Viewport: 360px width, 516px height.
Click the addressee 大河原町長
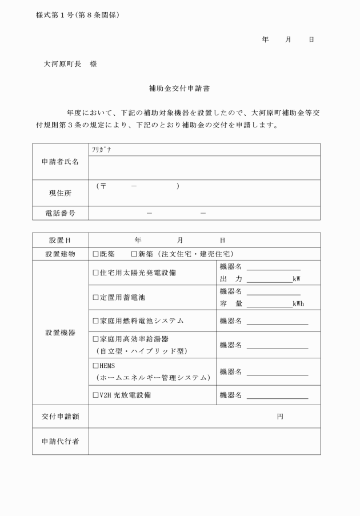63,64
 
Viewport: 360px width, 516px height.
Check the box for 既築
96,254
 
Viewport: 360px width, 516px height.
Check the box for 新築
134,254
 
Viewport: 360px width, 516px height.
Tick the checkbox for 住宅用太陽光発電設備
96,273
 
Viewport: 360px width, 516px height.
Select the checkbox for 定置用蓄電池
96,298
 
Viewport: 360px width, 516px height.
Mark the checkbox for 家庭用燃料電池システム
96,321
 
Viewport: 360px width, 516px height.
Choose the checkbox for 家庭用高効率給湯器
96,339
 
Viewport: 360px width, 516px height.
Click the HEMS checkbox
96,365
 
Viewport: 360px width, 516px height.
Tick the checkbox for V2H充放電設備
96,395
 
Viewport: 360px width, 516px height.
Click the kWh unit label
298,304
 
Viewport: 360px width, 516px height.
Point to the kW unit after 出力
296,279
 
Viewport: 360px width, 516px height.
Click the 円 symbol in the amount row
280,417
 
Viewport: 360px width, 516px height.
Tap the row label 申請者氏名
61,162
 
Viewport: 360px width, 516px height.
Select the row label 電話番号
61,213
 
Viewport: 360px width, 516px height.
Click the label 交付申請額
61,417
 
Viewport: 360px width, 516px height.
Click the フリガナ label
101,149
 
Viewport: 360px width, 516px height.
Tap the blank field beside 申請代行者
204,442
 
